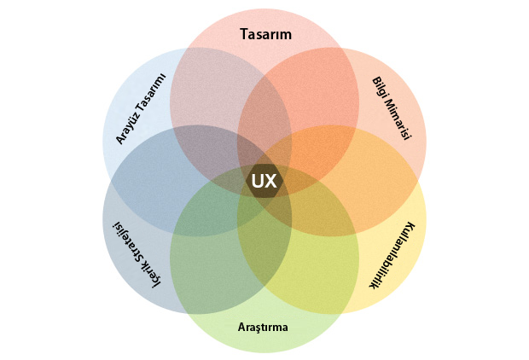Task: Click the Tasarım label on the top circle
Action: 265,34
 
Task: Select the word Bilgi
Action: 380,89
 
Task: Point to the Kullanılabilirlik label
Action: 392,255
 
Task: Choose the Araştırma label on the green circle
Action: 263,327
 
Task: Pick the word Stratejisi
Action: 131,241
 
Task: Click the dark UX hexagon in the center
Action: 264,181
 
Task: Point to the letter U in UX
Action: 258,181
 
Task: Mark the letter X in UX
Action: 270,181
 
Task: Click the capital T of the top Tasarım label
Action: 243,34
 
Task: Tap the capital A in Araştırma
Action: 241,327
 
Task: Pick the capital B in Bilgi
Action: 375,81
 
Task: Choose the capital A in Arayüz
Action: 120,139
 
